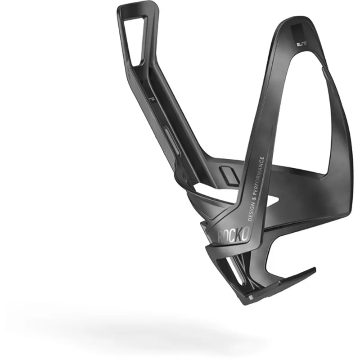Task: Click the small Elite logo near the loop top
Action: coord(299,45)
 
